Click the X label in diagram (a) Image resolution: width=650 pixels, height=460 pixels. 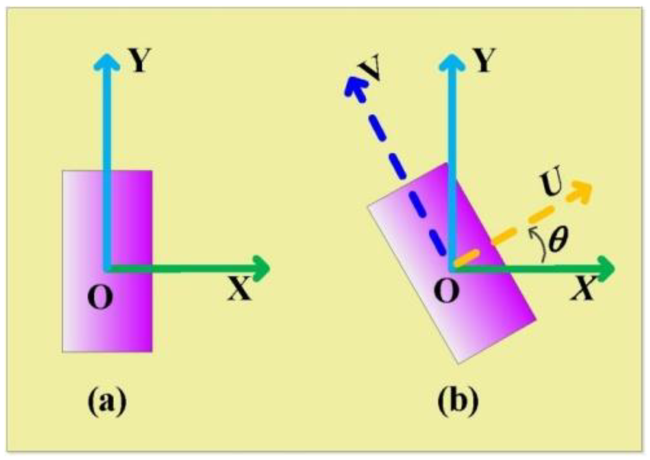coord(239,289)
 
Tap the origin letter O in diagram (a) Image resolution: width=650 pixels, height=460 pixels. coord(100,297)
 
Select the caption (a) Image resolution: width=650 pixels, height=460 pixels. coord(107,402)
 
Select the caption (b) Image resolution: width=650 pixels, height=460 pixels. coord(458,402)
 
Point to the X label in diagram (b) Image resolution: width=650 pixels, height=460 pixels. coord(583,289)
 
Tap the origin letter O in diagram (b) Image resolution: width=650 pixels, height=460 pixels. coord(446,292)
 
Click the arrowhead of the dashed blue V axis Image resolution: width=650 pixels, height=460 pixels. coord(352,86)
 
